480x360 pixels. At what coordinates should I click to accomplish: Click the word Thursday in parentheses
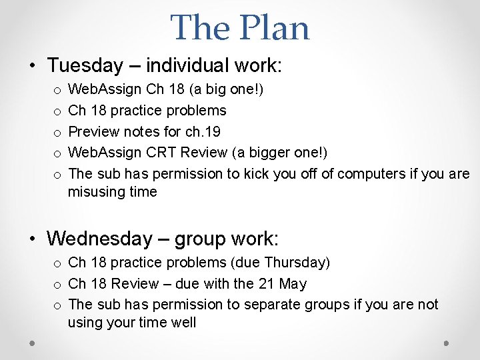pyautogui.click(x=297, y=263)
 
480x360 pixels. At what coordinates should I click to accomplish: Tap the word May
pyautogui.click(x=293, y=283)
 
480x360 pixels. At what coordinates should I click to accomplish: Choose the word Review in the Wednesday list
pyautogui.click(x=135, y=283)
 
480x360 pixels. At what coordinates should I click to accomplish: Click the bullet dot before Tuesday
pyautogui.click(x=32, y=66)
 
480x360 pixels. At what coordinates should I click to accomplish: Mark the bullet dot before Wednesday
pyautogui.click(x=32, y=239)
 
